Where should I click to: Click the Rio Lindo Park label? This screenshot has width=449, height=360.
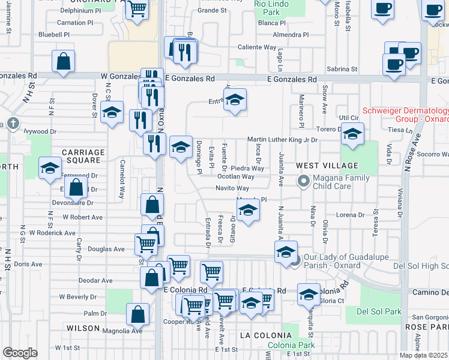click(267, 8)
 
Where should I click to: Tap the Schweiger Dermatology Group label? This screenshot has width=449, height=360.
click(405, 116)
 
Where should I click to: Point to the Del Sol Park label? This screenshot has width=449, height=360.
click(378, 311)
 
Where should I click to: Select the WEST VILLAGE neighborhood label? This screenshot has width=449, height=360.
click(327, 165)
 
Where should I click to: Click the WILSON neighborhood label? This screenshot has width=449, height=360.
click(83, 328)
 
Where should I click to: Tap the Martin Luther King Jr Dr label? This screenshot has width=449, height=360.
click(282, 140)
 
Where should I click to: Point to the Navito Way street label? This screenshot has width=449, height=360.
click(232, 188)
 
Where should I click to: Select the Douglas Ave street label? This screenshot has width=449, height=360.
click(106, 249)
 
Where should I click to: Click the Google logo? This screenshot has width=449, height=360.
click(20, 353)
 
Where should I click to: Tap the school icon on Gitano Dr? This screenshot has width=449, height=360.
click(247, 211)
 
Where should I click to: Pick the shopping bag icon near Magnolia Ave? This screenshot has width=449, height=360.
click(138, 314)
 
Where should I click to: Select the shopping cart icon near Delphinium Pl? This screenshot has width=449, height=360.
click(137, 9)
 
